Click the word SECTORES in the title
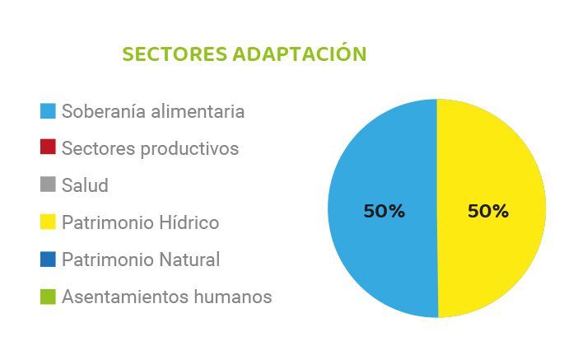(x=175, y=54)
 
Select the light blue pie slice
(x=383, y=208)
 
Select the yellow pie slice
(x=491, y=208)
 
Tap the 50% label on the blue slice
(x=384, y=211)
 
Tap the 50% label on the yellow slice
(x=488, y=211)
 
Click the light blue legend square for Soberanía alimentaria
(x=48, y=111)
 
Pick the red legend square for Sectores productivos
(x=48, y=147)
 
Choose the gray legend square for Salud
(x=48, y=185)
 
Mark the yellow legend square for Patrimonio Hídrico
(x=48, y=222)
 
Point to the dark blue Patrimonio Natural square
(x=48, y=259)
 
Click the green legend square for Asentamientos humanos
(x=48, y=297)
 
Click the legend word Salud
(x=85, y=185)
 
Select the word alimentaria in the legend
(x=198, y=111)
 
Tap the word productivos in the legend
(x=189, y=149)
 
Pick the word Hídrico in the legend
(x=189, y=222)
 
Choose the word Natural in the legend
(x=189, y=259)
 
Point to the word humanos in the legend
(x=233, y=297)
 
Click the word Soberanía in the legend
(x=104, y=111)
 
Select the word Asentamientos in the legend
(x=125, y=297)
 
